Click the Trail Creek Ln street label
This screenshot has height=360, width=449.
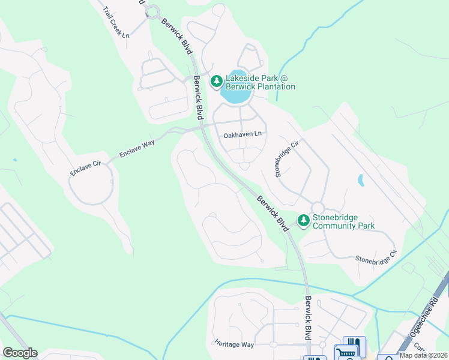(x=116, y=23)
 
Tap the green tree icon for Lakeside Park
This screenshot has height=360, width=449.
(x=216, y=80)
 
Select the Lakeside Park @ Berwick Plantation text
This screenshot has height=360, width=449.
(x=260, y=82)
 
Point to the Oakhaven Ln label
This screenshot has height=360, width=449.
(x=243, y=135)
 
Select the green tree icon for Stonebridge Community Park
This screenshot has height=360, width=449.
(x=304, y=221)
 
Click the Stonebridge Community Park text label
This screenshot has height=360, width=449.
(x=343, y=221)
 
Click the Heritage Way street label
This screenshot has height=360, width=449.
(x=234, y=344)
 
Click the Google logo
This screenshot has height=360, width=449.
(x=19, y=353)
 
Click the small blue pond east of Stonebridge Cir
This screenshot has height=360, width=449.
(x=360, y=180)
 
